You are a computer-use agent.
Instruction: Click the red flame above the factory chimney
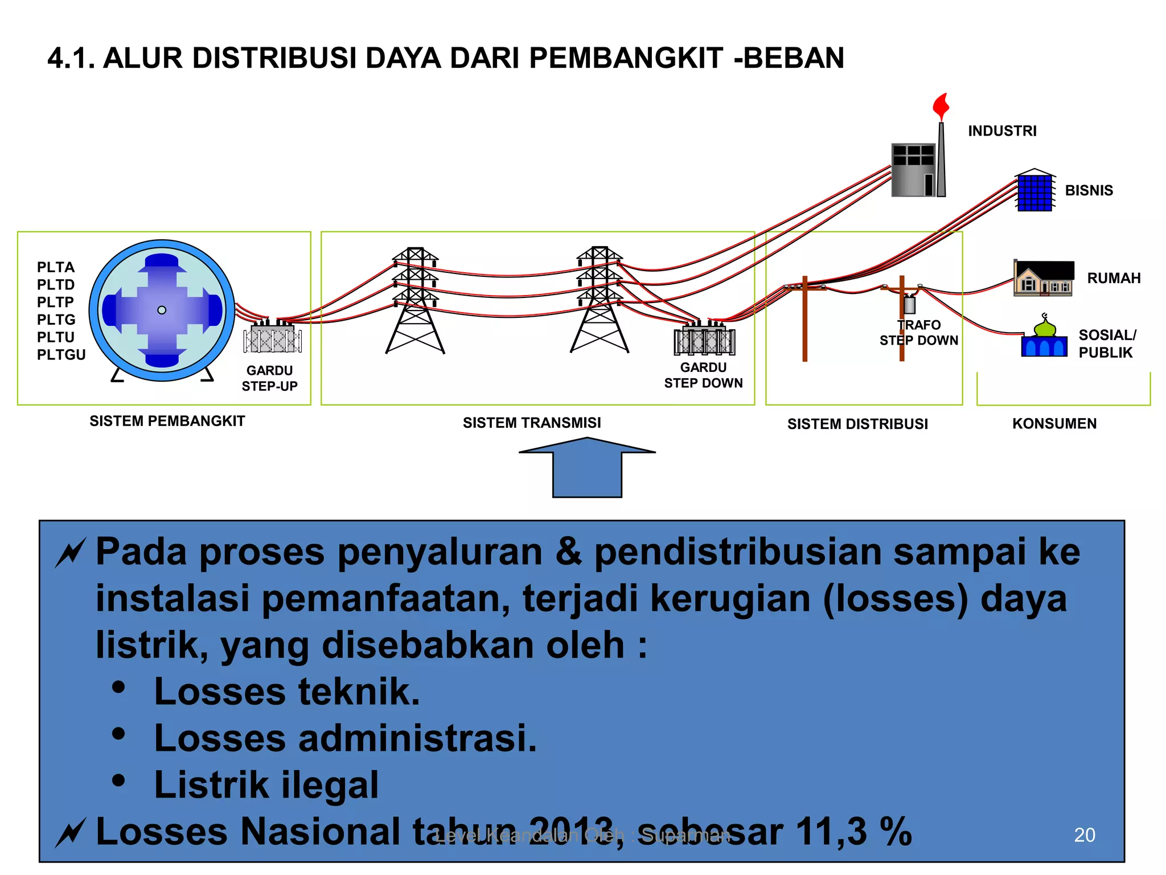941,106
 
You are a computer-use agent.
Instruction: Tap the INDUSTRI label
1002,131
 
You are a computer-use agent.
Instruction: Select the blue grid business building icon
1034,192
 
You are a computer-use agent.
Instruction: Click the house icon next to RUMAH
1043,279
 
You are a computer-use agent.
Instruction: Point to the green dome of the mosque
1044,328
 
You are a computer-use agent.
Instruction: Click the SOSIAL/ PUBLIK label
1107,344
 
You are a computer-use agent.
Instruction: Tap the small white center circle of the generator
162,310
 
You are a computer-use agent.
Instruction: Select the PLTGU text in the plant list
61,354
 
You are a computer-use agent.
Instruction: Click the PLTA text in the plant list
55,267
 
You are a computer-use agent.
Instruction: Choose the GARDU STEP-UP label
269,378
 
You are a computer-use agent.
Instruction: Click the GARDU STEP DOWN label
703,375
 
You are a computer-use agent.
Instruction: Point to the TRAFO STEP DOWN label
918,333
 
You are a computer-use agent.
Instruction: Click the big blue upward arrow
587,468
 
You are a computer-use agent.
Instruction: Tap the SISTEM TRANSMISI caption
532,423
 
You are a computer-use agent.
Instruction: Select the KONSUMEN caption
1054,424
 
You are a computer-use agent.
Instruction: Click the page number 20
1084,835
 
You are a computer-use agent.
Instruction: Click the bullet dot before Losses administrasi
118,734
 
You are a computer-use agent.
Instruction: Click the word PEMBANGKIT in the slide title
626,58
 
